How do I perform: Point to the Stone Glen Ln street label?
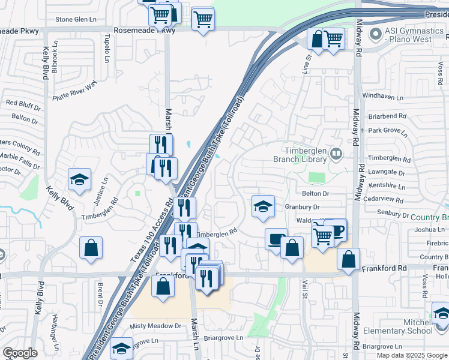click(76, 19)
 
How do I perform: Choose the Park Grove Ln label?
click(389, 130)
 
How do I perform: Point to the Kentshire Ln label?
click(387, 187)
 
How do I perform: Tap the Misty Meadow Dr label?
click(155, 326)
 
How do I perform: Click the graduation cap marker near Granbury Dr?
click(262, 207)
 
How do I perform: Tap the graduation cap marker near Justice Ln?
click(79, 179)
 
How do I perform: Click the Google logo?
click(20, 353)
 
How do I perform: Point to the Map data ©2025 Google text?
click(411, 355)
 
